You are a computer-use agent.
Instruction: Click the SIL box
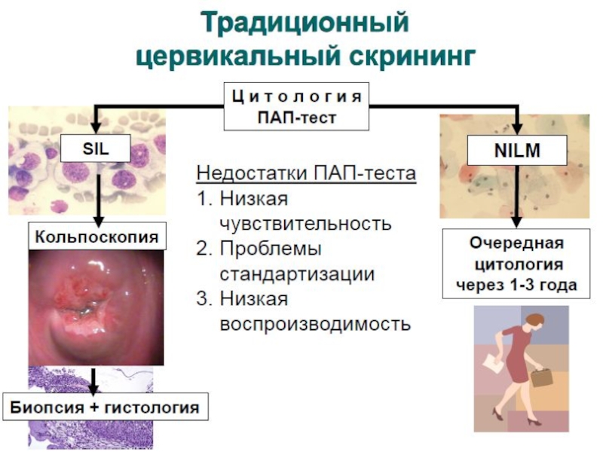[95, 149]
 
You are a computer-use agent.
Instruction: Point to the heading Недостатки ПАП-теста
[305, 174]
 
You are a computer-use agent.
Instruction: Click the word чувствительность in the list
[305, 224]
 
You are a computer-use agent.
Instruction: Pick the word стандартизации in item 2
[297, 273]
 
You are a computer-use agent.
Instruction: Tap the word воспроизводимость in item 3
[316, 324]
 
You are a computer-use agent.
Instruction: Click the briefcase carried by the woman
[543, 377]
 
